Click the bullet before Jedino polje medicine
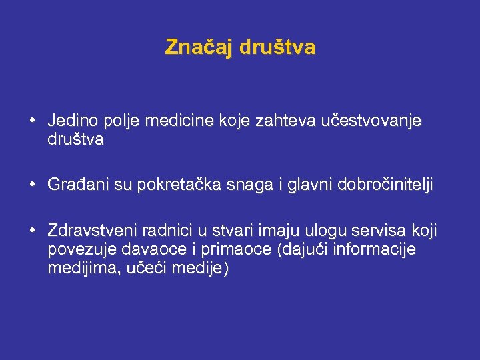pos(32,121)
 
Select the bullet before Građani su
pos(32,185)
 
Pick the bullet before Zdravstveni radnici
pos(32,231)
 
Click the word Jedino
pos(71,121)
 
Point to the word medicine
pos(175,121)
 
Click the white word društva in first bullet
pos(75,140)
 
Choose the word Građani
pos(77,185)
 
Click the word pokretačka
pos(181,185)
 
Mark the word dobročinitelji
pos(384,185)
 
